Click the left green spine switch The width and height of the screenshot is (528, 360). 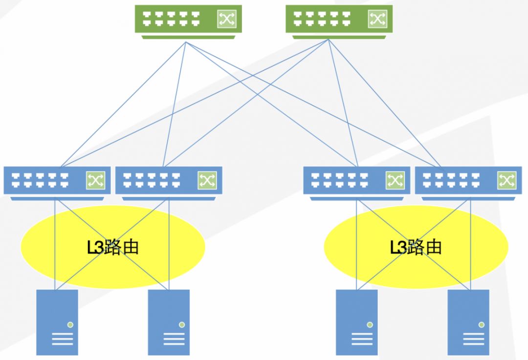188,20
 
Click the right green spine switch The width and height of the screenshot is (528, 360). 338,20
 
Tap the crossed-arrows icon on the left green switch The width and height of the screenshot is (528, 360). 226,19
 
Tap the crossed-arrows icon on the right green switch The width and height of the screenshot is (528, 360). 377,19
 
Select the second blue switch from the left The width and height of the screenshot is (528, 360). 169,181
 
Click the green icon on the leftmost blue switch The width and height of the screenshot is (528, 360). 95,180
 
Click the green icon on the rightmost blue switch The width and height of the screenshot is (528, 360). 506,180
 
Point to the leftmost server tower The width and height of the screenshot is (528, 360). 57,322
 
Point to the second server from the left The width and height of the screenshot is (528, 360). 169,322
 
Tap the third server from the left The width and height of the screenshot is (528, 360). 357,322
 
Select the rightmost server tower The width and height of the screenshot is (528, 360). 468,322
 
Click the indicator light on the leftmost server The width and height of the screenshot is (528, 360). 70,324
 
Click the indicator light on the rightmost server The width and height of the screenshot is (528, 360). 482,324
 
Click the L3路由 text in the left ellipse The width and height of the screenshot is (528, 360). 113,247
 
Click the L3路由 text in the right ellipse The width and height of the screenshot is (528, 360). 416,247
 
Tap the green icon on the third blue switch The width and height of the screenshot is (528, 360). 395,180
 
